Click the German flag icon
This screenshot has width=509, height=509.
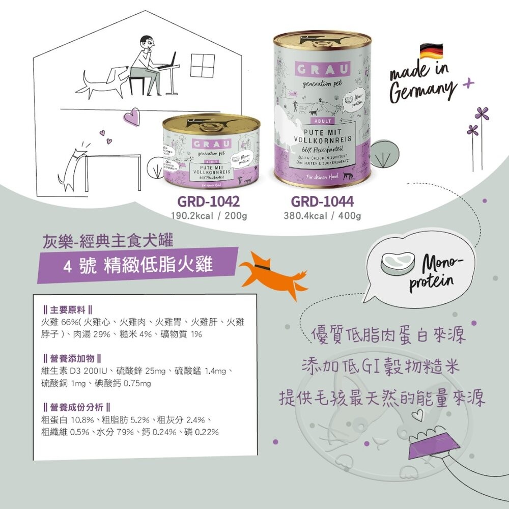tap(431, 51)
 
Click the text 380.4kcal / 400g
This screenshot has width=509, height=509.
tap(322, 216)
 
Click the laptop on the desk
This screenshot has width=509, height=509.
tap(168, 62)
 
